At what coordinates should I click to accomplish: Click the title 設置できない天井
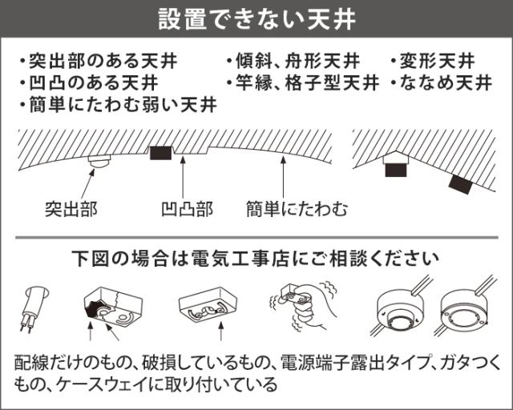257,18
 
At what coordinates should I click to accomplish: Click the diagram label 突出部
71,209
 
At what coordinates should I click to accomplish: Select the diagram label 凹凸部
187,209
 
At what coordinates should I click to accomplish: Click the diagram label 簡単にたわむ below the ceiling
297,209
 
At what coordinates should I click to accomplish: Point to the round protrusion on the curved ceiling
99,161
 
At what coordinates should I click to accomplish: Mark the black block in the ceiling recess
160,153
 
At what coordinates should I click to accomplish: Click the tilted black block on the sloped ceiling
461,185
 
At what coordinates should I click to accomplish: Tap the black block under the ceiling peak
396,170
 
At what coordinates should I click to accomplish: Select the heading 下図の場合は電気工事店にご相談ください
256,259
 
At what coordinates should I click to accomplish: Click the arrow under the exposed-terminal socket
221,332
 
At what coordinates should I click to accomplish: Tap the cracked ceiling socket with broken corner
113,307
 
